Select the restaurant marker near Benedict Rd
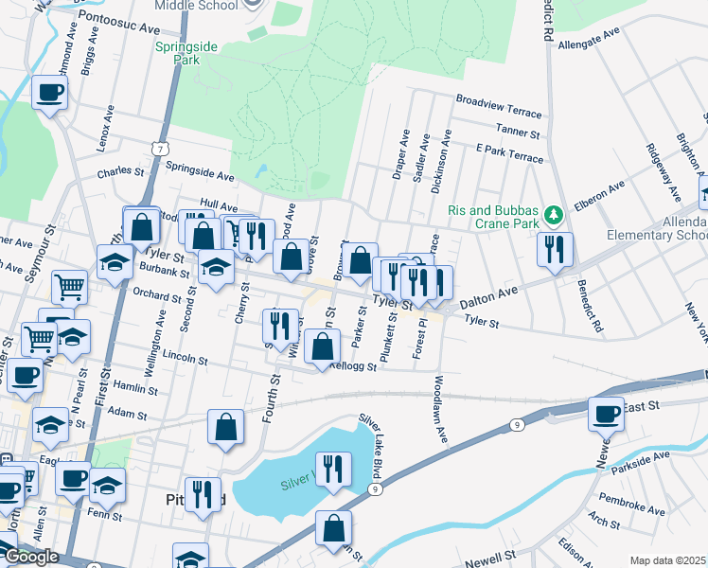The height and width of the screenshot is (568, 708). click(x=554, y=249)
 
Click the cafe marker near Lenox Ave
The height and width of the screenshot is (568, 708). click(x=49, y=93)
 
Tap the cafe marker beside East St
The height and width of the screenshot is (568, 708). click(x=606, y=413)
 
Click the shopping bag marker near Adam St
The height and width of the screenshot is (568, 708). click(x=226, y=427)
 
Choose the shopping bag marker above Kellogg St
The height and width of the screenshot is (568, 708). click(x=323, y=346)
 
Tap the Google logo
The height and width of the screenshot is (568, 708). click(x=31, y=556)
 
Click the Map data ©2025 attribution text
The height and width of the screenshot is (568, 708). click(x=667, y=560)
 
